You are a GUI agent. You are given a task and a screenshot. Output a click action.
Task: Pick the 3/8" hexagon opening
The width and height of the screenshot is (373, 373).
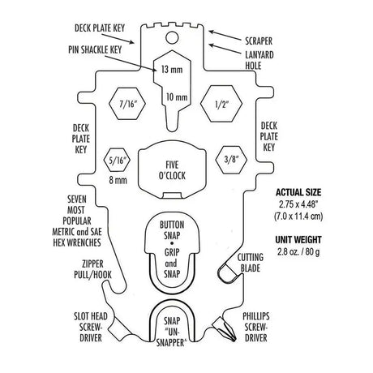pyautogui.click(x=229, y=160)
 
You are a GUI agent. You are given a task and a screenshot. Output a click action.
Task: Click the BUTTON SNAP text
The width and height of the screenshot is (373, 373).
pyautogui.click(x=174, y=229)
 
